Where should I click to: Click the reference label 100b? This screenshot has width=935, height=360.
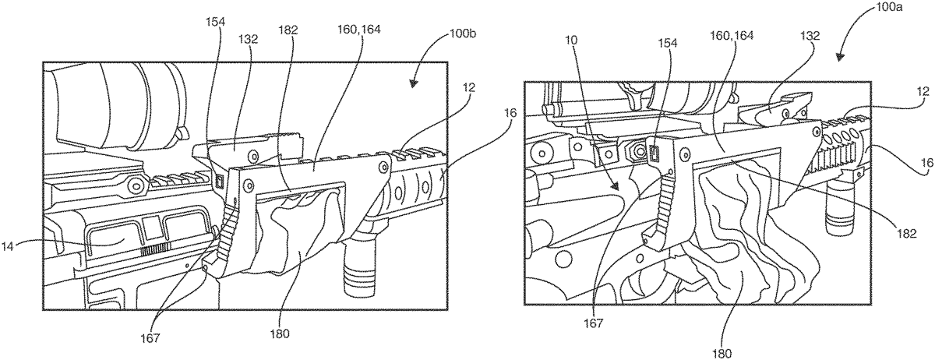pyautogui.click(x=462, y=34)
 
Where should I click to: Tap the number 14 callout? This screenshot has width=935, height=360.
pyautogui.click(x=7, y=246)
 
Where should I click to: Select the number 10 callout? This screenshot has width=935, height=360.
pyautogui.click(x=571, y=41)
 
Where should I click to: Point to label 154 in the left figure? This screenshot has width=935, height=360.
pyautogui.click(x=215, y=22)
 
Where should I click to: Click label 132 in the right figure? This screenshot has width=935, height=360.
pyautogui.click(x=810, y=36)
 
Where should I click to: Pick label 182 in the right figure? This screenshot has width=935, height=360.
pyautogui.click(x=906, y=234)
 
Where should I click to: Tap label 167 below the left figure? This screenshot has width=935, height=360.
pyautogui.click(x=150, y=338)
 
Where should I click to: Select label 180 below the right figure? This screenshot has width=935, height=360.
pyautogui.click(x=722, y=354)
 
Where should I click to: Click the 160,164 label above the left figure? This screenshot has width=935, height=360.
pyautogui.click(x=360, y=30)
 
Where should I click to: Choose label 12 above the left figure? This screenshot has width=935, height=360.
pyautogui.click(x=469, y=87)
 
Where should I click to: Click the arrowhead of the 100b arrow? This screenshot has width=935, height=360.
pyautogui.click(x=413, y=83)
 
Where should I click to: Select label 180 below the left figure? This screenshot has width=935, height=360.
pyautogui.click(x=279, y=334)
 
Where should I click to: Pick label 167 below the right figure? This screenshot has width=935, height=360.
pyautogui.click(x=594, y=323)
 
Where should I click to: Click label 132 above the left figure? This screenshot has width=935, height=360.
pyautogui.click(x=249, y=40)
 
